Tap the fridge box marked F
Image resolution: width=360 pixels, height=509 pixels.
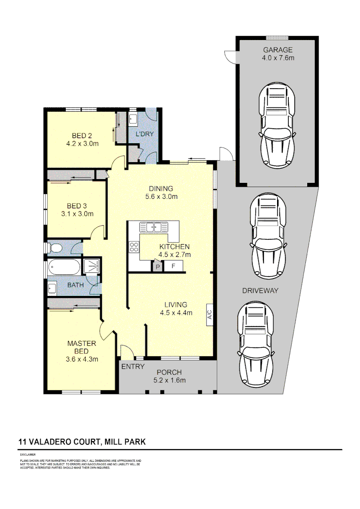pyautogui.click(x=173, y=266)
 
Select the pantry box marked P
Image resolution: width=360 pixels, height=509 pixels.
pyautogui.click(x=157, y=266)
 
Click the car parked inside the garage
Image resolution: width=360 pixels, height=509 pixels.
pyautogui.click(x=277, y=125)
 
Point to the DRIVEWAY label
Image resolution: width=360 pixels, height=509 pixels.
pyautogui.click(x=260, y=291)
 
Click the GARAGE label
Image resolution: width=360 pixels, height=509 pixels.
pyautogui.click(x=278, y=50)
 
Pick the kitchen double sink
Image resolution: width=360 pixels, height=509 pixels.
pyautogui.click(x=155, y=227)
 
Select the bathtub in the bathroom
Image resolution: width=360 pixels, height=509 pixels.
pyautogui.click(x=64, y=267)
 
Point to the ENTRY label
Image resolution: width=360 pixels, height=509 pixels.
pyautogui.click(x=133, y=367)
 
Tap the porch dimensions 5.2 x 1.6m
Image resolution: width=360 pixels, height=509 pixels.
pyautogui.click(x=169, y=380)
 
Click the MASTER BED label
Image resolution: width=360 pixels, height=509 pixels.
pyautogui.click(x=82, y=347)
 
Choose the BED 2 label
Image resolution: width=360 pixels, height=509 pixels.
pyautogui.click(x=82, y=136)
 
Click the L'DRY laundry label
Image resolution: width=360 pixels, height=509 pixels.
pyautogui.click(x=145, y=134)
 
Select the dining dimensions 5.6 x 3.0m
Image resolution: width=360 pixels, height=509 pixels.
pyautogui.click(x=161, y=197)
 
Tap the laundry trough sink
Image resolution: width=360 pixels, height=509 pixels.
pyautogui.click(x=133, y=118)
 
